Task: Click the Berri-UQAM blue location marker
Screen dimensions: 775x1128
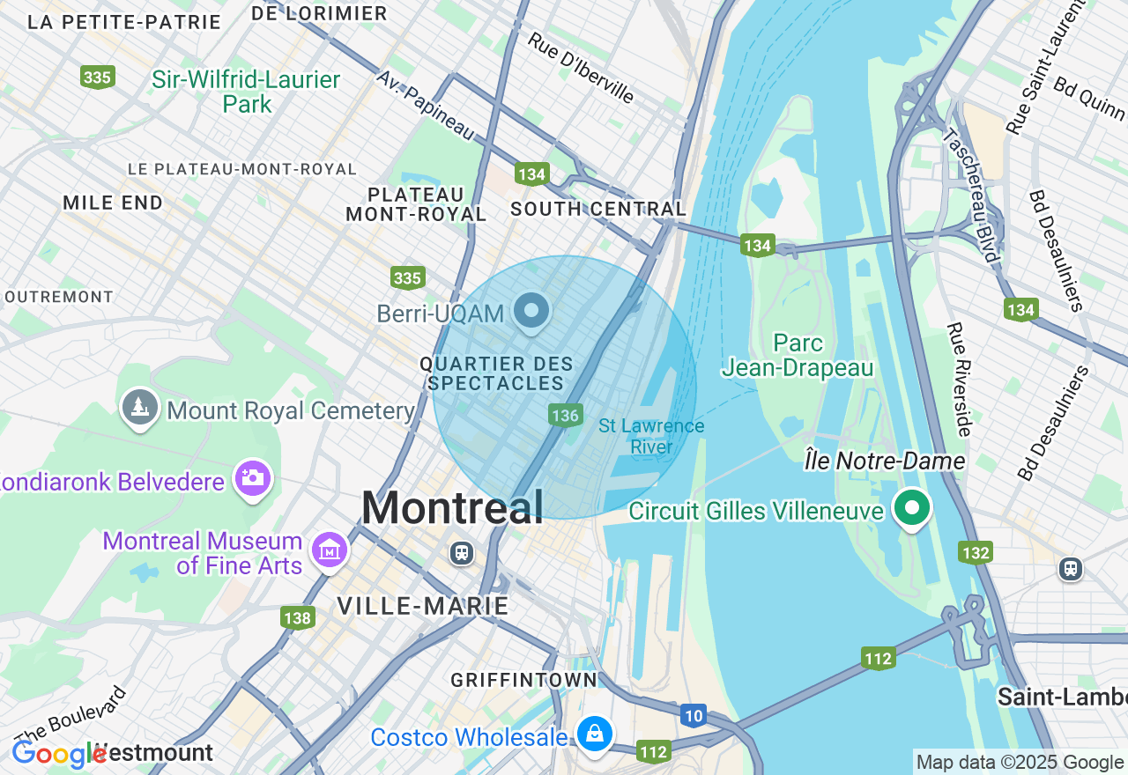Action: point(531,311)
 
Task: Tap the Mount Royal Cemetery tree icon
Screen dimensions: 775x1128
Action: point(139,407)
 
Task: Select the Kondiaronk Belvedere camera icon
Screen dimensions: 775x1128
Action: point(253,478)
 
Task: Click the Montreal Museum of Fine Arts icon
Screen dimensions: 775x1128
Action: point(330,551)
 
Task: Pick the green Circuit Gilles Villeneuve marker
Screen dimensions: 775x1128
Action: point(912,508)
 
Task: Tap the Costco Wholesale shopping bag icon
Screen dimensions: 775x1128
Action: point(595,733)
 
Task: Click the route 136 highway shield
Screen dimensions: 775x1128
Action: point(564,415)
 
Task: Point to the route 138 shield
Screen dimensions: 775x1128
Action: point(298,617)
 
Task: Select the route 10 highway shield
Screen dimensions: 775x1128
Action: point(694,716)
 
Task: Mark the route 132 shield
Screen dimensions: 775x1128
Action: point(976,552)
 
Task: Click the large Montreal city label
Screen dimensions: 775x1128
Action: point(452,508)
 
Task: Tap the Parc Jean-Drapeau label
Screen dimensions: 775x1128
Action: point(798,355)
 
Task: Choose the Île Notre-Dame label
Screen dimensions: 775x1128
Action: point(885,461)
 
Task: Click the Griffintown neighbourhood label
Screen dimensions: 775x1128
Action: point(523,680)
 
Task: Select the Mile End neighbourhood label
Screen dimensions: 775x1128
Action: point(113,203)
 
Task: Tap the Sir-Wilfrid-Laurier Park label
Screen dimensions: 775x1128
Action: point(246,92)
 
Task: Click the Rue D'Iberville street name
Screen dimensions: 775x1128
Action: point(581,68)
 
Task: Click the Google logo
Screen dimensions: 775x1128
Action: point(58,754)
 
